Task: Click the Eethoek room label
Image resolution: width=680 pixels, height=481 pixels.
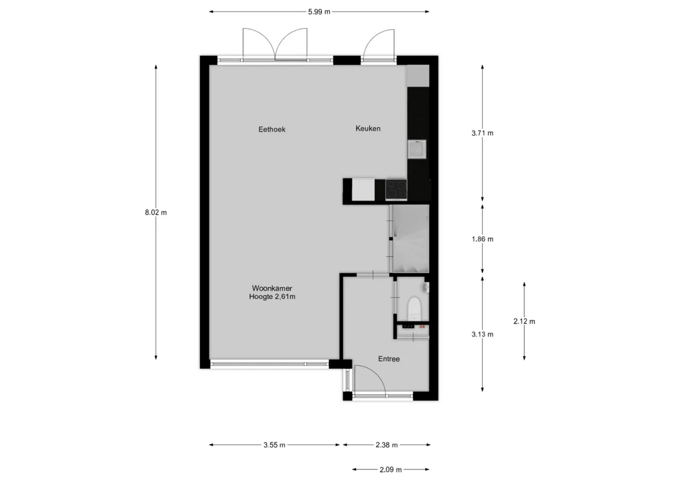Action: [x=272, y=129]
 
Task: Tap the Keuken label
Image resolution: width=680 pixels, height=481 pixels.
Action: [x=368, y=128]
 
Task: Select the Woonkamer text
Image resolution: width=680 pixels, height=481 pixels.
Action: [x=272, y=288]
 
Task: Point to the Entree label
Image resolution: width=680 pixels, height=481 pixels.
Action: [x=389, y=359]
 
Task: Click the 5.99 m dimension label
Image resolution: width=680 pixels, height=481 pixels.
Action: [x=319, y=12]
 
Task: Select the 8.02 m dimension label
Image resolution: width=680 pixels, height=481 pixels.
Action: [x=156, y=212]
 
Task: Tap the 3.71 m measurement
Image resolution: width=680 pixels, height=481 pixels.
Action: [x=482, y=133]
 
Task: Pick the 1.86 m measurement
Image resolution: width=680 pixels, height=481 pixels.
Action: [x=482, y=239]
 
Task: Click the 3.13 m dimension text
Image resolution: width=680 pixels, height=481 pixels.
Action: [x=482, y=335]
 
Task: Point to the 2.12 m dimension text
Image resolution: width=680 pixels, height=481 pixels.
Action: [x=524, y=321]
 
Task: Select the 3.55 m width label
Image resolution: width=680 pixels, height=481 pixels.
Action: [x=274, y=445]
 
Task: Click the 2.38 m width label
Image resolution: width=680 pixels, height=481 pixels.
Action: [x=387, y=445]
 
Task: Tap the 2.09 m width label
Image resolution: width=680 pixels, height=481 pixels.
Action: [x=390, y=470]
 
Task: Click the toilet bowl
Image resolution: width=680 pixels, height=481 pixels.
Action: [x=415, y=308]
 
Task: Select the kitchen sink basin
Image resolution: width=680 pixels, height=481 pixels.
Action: [x=417, y=150]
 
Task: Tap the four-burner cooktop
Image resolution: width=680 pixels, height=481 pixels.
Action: [x=397, y=190]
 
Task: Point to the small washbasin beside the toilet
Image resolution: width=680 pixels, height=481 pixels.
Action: [x=425, y=287]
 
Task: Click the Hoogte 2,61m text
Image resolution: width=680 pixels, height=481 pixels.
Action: [x=272, y=297]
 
